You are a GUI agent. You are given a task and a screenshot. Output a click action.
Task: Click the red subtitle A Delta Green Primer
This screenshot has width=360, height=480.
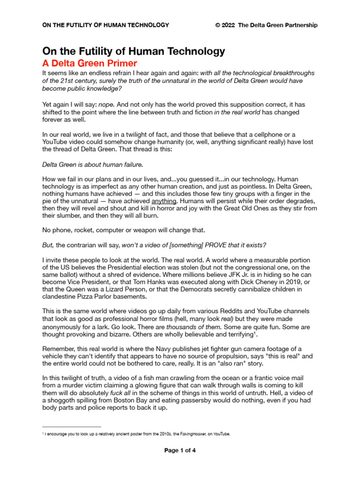(x=90, y=63)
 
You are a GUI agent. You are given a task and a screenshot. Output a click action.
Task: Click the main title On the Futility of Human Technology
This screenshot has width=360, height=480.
(x=134, y=51)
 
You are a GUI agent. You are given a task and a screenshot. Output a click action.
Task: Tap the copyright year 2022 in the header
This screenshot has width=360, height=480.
(x=229, y=25)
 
